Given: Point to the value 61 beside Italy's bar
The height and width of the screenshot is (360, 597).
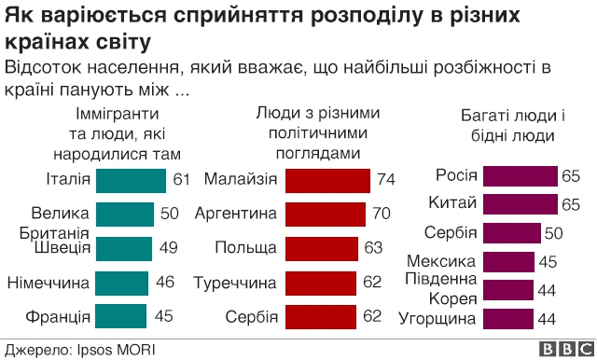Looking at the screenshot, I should coord(181,179).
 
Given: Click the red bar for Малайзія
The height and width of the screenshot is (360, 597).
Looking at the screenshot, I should coord(327,179).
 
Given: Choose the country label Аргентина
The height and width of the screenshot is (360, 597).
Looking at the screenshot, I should coord(236,214).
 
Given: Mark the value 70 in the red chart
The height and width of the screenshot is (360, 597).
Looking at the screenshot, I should coord(381,214).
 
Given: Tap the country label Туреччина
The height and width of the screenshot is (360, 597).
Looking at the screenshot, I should coord(236,282).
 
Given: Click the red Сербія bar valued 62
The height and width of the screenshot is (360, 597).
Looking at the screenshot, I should coord(321,316).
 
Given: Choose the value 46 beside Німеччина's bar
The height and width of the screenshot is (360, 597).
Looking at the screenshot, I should coord(164,282).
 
